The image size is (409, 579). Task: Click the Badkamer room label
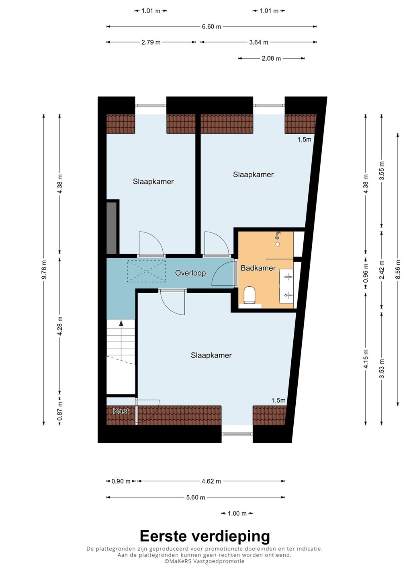pos(258,268)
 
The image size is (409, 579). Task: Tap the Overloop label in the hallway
pos(190,273)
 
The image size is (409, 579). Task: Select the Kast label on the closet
pos(121,411)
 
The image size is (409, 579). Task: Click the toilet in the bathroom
pos(249,296)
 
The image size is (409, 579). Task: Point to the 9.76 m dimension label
pos(44,269)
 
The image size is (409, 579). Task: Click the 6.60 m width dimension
pos(211,27)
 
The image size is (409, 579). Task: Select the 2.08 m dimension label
pos(271,58)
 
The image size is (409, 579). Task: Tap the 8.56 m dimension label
pos(398,269)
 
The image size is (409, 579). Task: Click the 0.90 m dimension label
pos(121,481)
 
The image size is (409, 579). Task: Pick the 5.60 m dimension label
pos(196,497)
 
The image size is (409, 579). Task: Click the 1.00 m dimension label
pos(237,513)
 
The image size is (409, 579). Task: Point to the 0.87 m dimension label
pos(60,411)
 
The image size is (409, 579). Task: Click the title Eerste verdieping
pos(205,536)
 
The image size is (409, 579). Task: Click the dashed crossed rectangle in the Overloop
pos(146,271)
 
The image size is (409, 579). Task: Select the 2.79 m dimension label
pos(151,42)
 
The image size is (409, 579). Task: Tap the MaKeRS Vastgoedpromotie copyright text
pos(204,561)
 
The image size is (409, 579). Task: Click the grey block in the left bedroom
pos(112,228)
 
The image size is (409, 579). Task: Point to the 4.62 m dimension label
pos(211,481)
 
